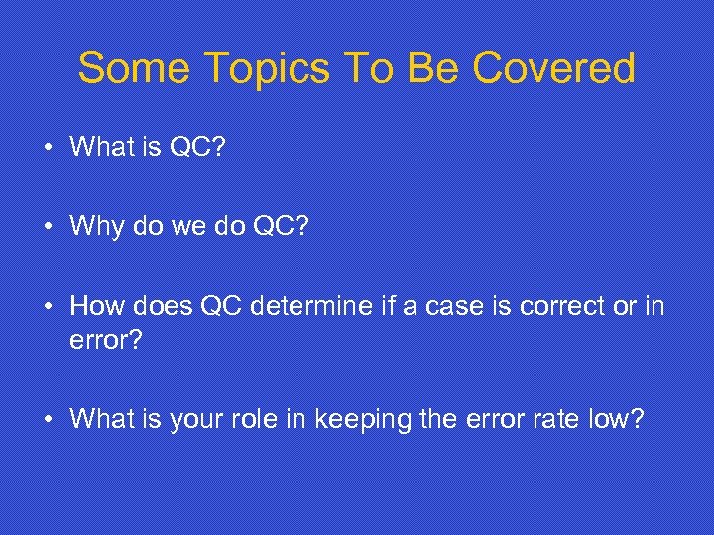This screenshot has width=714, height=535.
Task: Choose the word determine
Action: tap(312, 307)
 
